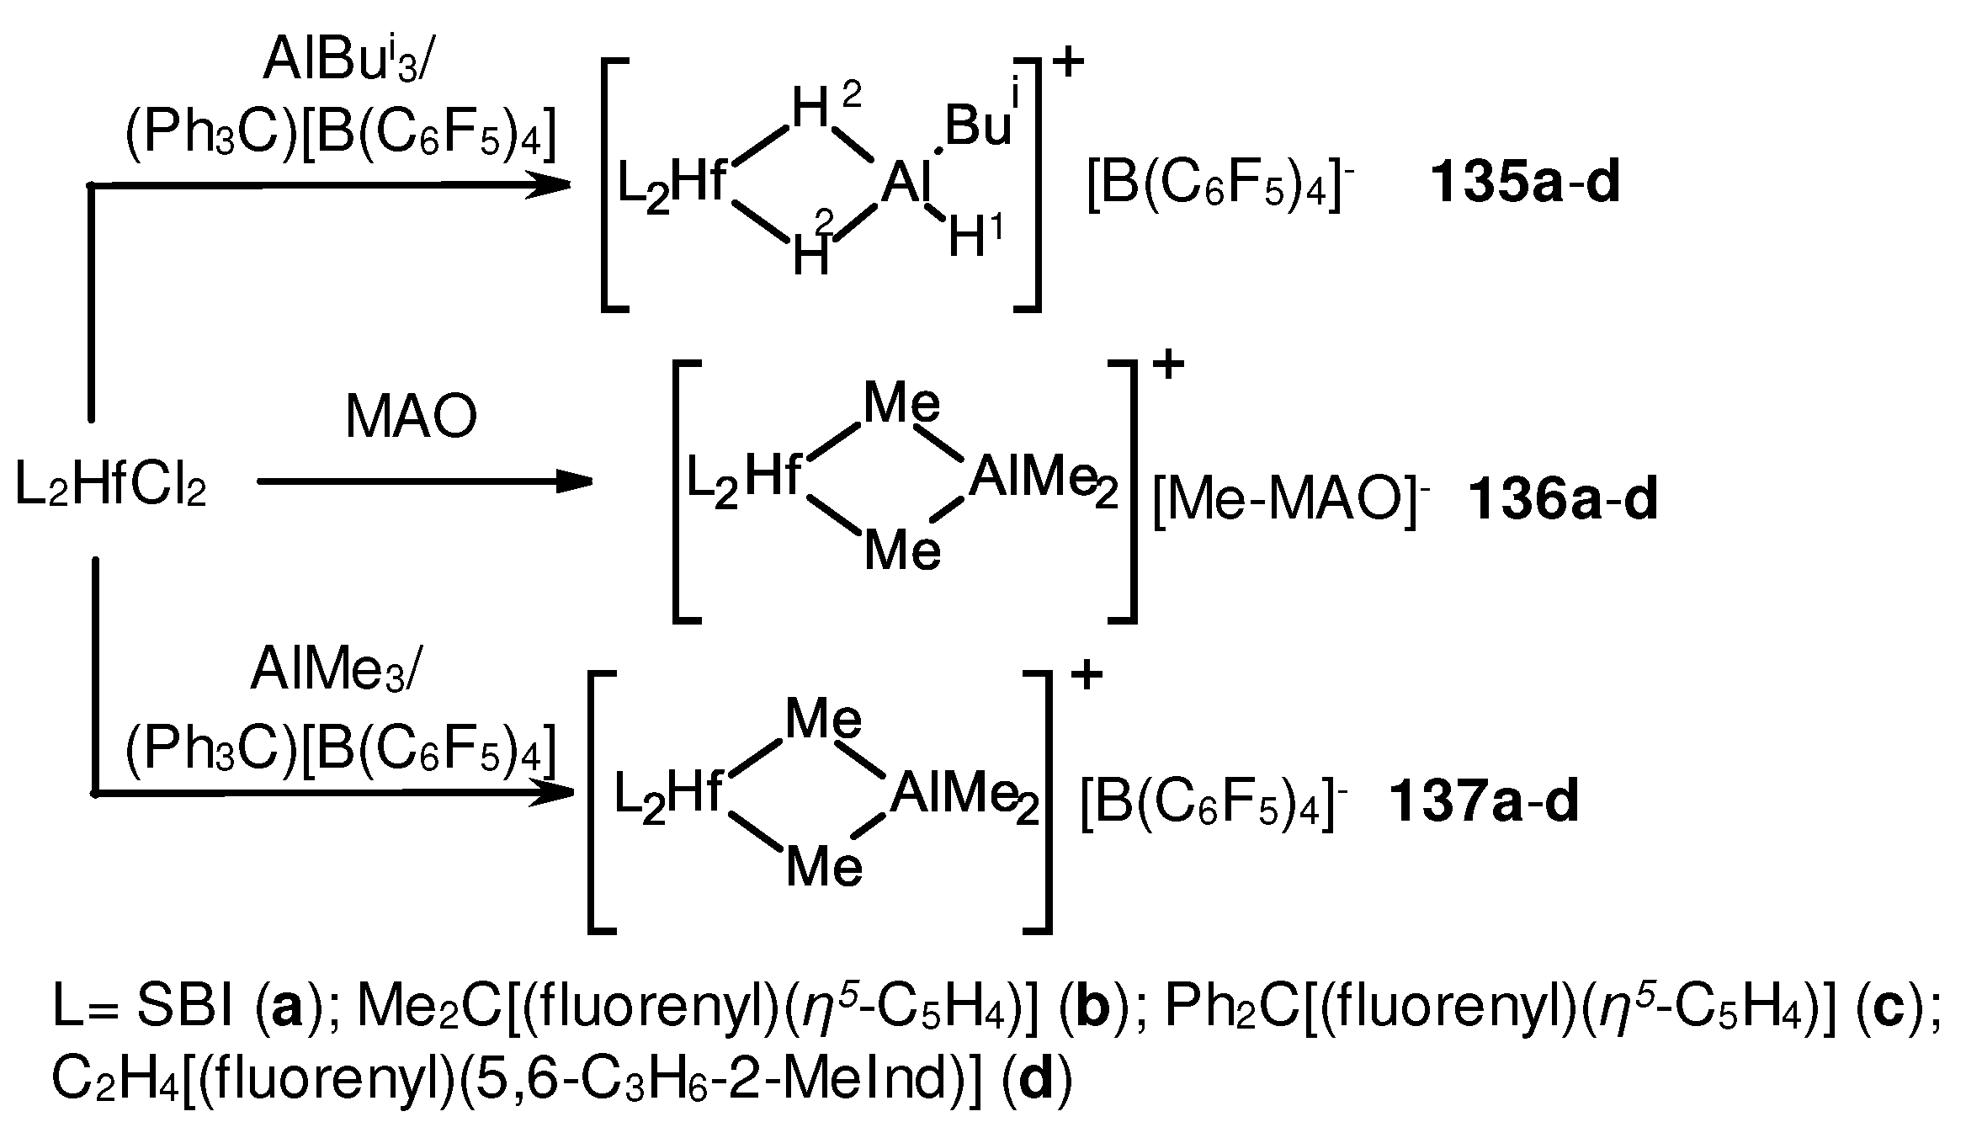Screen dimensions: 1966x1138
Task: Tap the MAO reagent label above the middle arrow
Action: click(x=412, y=417)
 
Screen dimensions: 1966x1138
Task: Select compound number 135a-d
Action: click(x=1525, y=184)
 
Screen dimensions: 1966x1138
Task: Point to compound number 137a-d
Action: click(x=1484, y=802)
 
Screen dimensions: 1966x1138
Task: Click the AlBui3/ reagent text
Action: click(x=346, y=61)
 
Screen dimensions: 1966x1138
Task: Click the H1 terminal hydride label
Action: click(x=976, y=238)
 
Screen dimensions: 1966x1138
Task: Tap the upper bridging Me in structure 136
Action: click(x=902, y=405)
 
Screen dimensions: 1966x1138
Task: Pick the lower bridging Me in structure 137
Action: click(x=824, y=867)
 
